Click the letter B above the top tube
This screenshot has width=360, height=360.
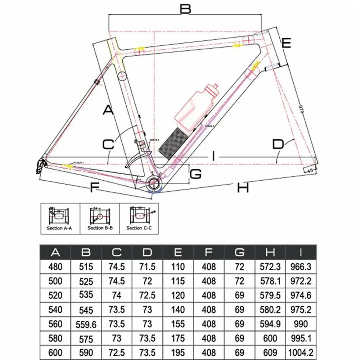tap(185, 9)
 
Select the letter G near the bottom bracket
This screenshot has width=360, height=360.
tap(195, 174)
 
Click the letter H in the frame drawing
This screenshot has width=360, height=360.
tap(243, 187)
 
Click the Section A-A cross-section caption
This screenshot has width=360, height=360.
tap(59, 228)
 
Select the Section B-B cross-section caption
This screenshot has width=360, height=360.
tap(100, 228)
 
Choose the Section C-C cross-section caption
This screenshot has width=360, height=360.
tap(139, 228)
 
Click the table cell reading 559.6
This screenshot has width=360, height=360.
tap(86, 324)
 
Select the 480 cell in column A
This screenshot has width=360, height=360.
tap(55, 267)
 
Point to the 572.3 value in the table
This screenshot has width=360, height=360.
tap(270, 267)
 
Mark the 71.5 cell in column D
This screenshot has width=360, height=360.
tap(147, 267)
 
